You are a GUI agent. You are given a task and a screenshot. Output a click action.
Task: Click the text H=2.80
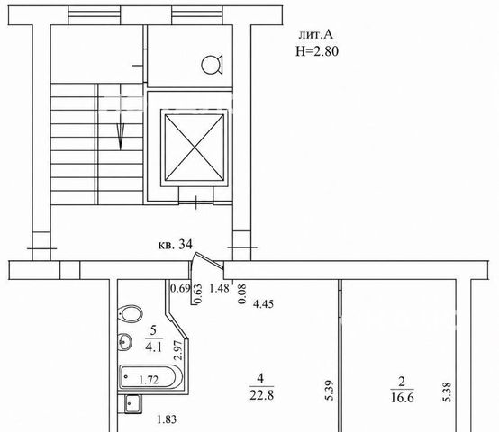[317, 51]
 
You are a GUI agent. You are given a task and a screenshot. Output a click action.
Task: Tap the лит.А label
[315, 34]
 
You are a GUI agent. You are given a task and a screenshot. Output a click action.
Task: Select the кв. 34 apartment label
[176, 245]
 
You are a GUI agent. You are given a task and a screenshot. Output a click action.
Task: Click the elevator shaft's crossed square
[195, 148]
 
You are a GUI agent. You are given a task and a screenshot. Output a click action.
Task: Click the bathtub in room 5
[150, 377]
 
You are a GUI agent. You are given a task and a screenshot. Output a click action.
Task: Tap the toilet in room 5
[130, 314]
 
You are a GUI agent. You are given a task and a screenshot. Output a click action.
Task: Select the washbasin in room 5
[124, 342]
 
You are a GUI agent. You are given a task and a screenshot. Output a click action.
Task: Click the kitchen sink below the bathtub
[133, 404]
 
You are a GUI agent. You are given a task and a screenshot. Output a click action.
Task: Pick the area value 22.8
[261, 395]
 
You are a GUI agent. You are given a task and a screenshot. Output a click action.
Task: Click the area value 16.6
[403, 398]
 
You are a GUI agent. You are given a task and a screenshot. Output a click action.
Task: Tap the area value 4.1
[154, 346]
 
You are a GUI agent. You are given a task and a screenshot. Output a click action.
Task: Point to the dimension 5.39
[330, 391]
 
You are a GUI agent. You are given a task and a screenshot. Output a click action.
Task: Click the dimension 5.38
[447, 391]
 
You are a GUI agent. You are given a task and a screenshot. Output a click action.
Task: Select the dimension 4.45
[263, 304]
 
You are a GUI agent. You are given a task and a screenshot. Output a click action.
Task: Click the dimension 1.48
[219, 288]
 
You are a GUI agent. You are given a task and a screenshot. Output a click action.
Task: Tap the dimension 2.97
[178, 350]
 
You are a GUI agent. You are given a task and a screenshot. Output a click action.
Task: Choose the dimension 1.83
[167, 419]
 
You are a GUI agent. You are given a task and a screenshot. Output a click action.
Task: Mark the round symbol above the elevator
[212, 65]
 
